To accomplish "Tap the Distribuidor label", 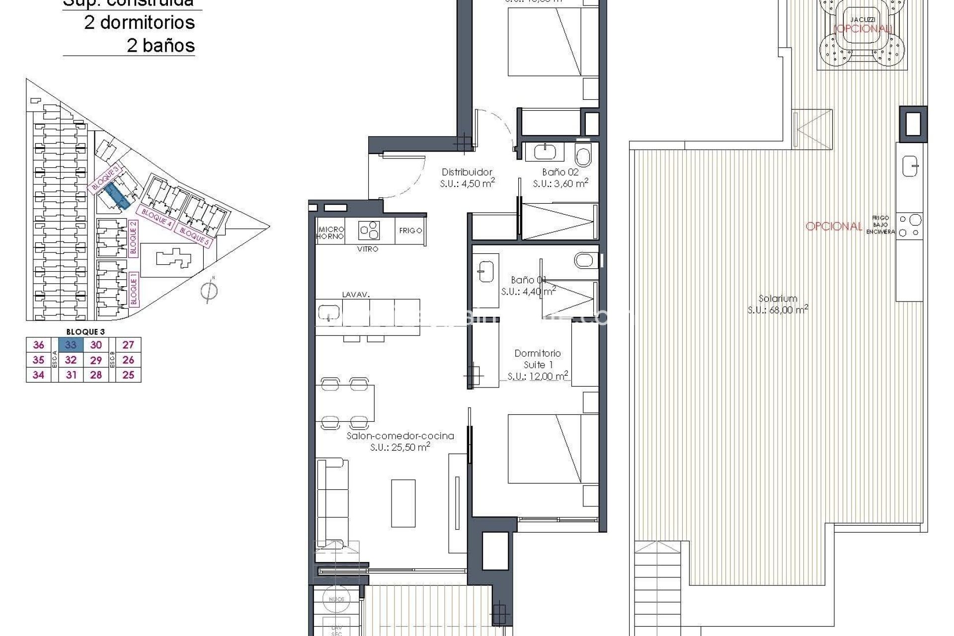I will (x=467, y=172).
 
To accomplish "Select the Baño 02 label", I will (x=560, y=172).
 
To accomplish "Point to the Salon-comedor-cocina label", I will (x=400, y=436).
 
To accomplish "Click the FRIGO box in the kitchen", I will (x=410, y=231).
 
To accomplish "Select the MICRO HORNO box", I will (x=331, y=233).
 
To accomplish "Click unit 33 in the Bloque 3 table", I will (x=71, y=345).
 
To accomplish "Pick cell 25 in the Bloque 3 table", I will (x=128, y=375).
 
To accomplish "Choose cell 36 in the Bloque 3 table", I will (x=38, y=345).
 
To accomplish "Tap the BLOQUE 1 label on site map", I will (x=133, y=288).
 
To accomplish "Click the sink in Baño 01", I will (x=485, y=271).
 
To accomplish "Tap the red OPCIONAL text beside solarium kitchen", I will (x=834, y=226).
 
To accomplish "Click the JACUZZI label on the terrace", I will (x=862, y=19).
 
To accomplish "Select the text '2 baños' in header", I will (x=160, y=46).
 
